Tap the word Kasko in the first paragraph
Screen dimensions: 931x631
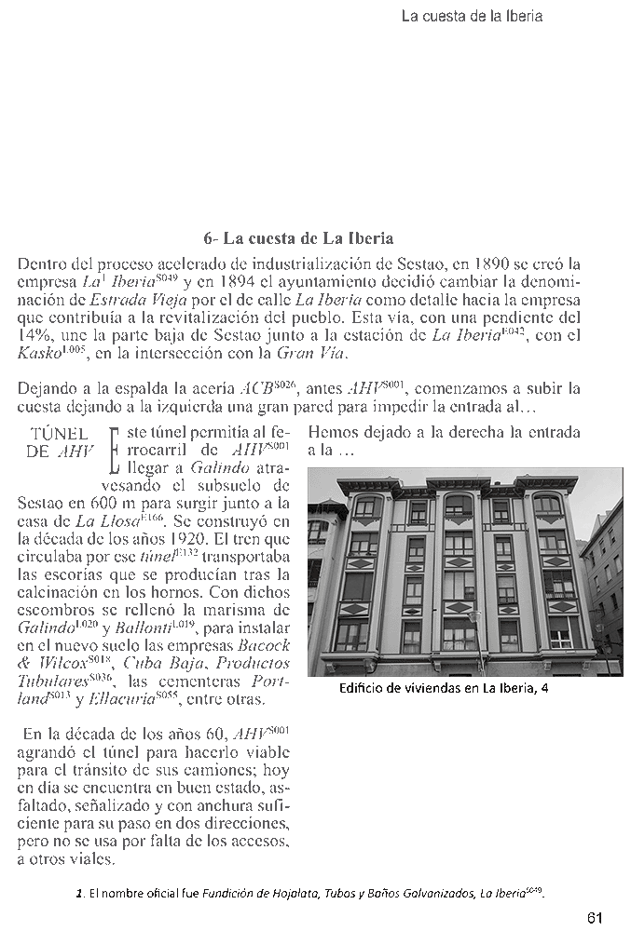[37, 353]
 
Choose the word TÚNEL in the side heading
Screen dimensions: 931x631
[60, 434]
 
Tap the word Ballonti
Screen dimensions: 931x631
[120, 627]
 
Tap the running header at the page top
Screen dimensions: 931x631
[471, 16]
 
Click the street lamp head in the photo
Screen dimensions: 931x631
[473, 614]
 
